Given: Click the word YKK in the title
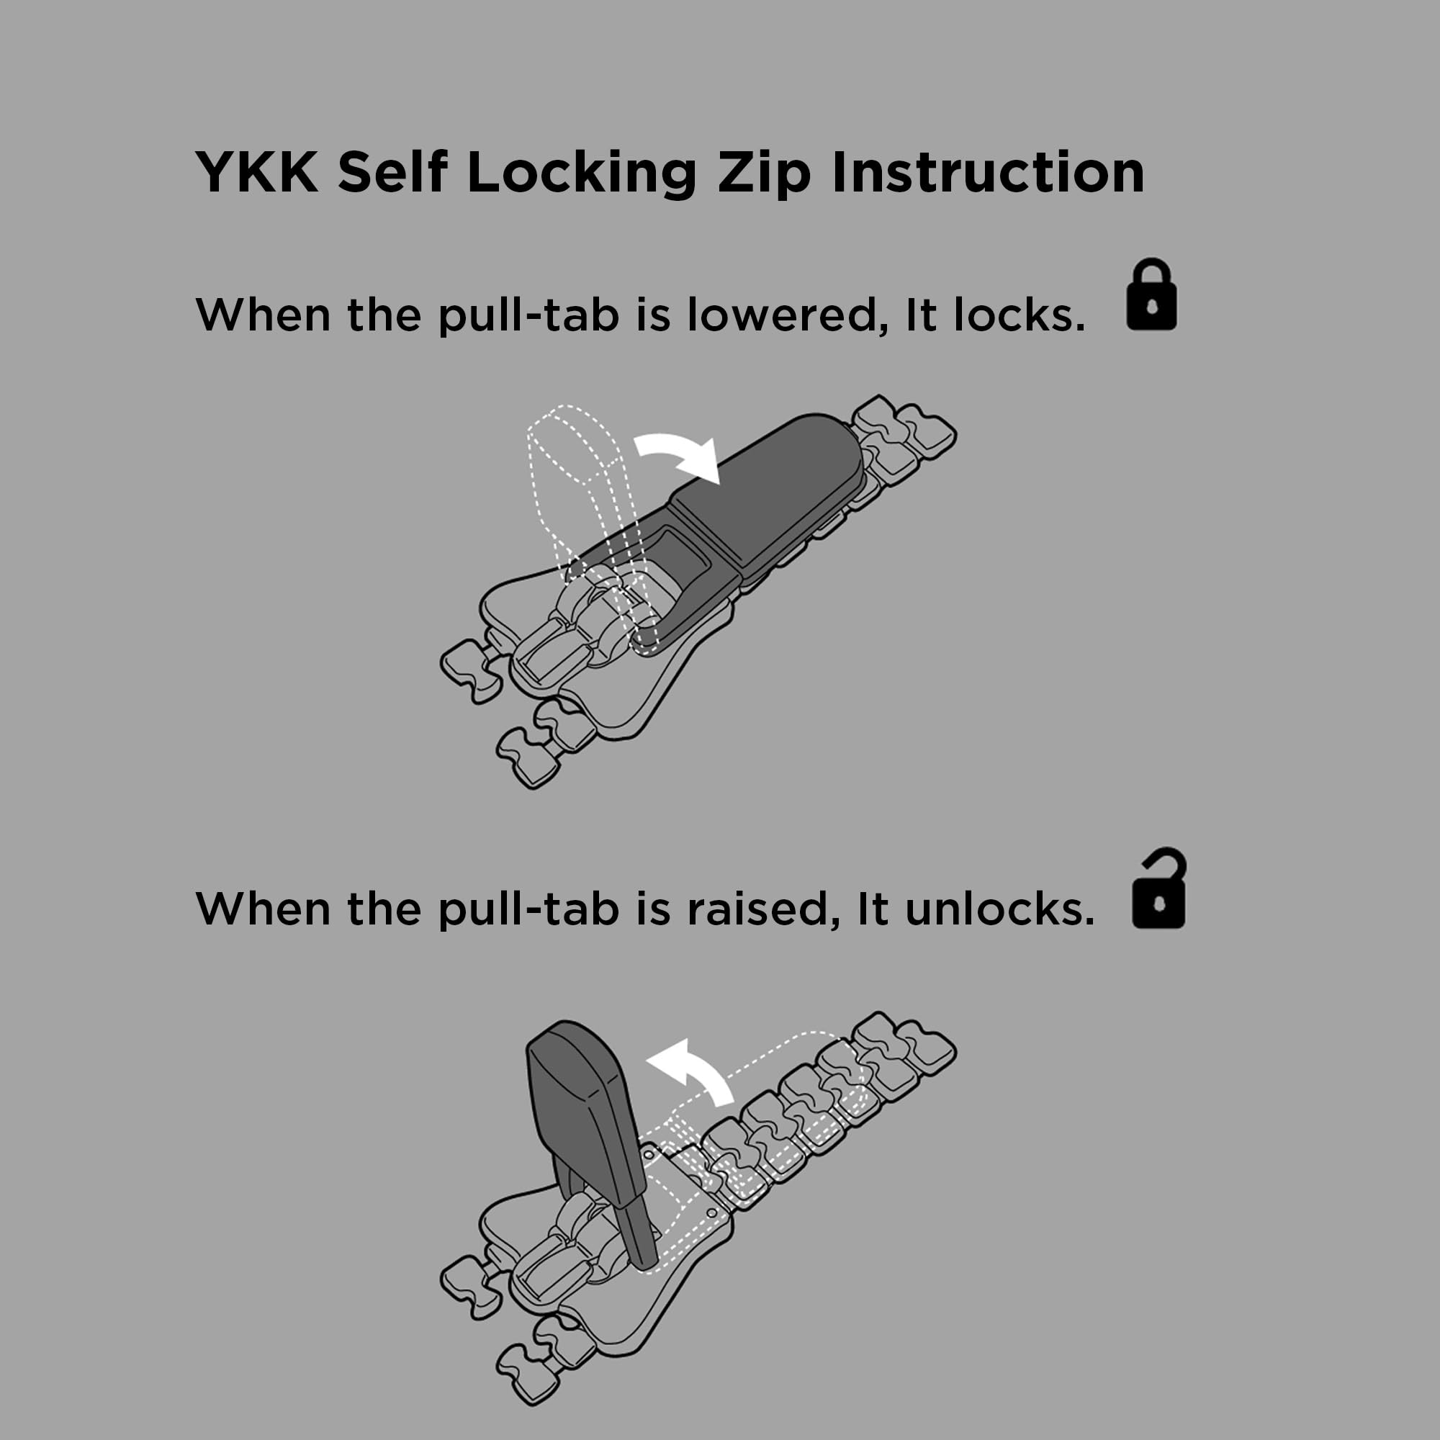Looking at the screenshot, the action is point(257,172).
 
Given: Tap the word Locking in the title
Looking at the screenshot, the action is point(581,173).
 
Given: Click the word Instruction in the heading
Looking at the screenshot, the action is point(989,172).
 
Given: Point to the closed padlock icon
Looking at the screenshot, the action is point(1151,294).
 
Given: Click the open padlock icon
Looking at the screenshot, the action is point(1159,888).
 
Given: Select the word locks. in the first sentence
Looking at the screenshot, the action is point(1019,315).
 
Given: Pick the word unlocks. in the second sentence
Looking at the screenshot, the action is point(999,909).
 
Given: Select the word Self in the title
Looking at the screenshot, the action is point(392,172).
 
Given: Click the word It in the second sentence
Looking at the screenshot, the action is point(873,909).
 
